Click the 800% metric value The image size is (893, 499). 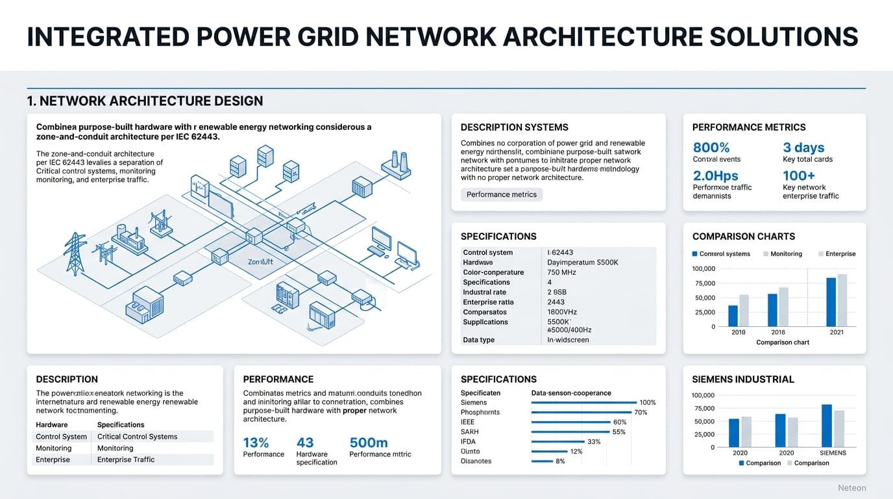coord(711,147)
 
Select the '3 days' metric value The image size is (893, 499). coord(803,147)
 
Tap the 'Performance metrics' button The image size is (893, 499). coord(502,194)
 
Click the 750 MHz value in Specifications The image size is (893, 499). coord(562,272)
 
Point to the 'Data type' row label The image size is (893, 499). coord(478,340)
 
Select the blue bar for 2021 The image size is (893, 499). coord(831,301)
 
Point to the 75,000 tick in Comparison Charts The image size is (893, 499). coord(704,283)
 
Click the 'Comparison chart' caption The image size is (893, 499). coord(783,342)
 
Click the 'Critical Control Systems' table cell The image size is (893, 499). coord(137,437)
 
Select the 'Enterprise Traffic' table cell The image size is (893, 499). coord(126,459)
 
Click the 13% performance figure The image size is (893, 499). coord(256,442)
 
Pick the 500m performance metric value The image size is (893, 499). coord(369,442)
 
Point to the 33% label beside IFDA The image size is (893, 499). coord(594,442)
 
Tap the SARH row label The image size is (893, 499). coord(469,432)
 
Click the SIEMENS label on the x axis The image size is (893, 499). coord(833,452)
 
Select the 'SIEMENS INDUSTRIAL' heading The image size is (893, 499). coord(743,379)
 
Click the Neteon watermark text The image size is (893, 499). coord(851,488)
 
